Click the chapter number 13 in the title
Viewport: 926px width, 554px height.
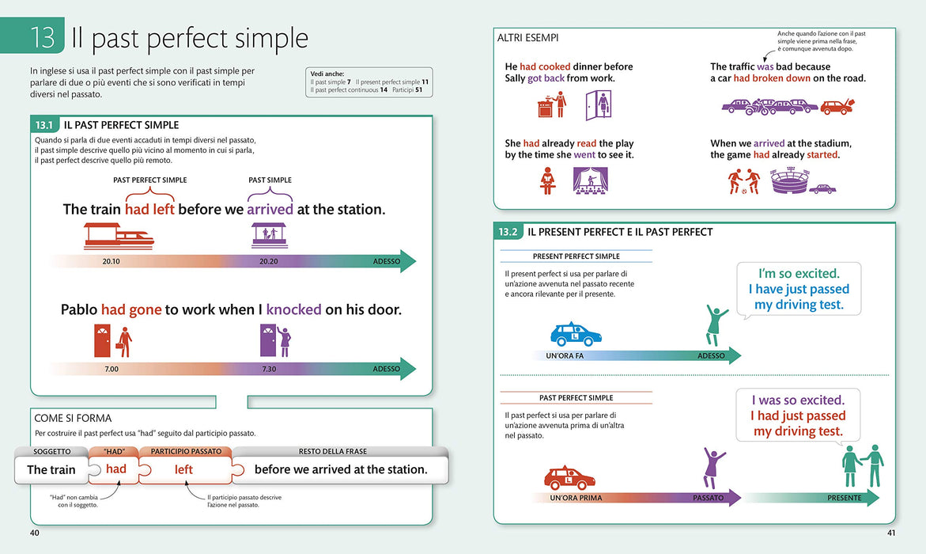(x=43, y=37)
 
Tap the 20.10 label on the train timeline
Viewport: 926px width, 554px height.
(x=111, y=261)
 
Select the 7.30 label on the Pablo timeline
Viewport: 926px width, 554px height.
(x=269, y=369)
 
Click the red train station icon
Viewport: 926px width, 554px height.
(x=119, y=235)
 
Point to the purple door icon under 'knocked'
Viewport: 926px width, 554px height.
(x=268, y=340)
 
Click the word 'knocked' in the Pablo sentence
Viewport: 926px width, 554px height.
(x=293, y=309)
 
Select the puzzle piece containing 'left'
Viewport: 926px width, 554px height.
(x=185, y=469)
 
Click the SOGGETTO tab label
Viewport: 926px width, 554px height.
(x=52, y=451)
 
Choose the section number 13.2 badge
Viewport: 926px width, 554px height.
(x=508, y=232)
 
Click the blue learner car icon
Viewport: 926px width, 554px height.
(x=576, y=334)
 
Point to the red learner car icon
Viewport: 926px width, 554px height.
(x=569, y=478)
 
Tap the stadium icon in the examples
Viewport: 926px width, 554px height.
(x=789, y=180)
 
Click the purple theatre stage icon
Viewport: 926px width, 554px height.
(x=590, y=180)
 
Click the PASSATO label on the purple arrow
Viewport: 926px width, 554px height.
(x=708, y=498)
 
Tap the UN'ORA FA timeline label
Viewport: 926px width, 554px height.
(x=565, y=356)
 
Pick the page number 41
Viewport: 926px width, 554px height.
(x=891, y=533)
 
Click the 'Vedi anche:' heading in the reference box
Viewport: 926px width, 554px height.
(x=327, y=74)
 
